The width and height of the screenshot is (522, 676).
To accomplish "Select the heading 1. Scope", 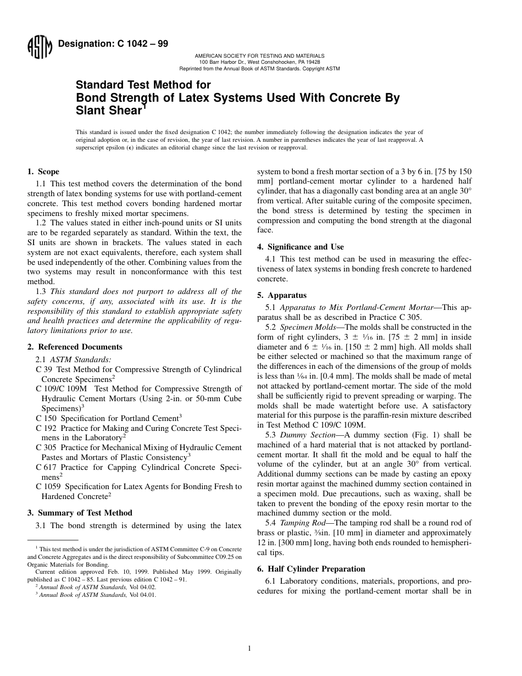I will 43,171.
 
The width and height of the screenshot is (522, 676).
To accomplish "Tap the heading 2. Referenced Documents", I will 75,347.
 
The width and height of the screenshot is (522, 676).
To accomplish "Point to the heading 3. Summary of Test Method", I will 80,513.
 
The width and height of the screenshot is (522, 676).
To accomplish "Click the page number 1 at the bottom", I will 249,649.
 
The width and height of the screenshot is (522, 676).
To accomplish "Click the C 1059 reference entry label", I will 46,486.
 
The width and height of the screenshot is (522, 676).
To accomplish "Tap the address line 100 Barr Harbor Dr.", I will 259,62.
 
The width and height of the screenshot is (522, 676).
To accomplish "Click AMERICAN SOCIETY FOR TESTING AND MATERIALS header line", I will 259,56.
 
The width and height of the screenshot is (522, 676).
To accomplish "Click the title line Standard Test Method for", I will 143,85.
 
